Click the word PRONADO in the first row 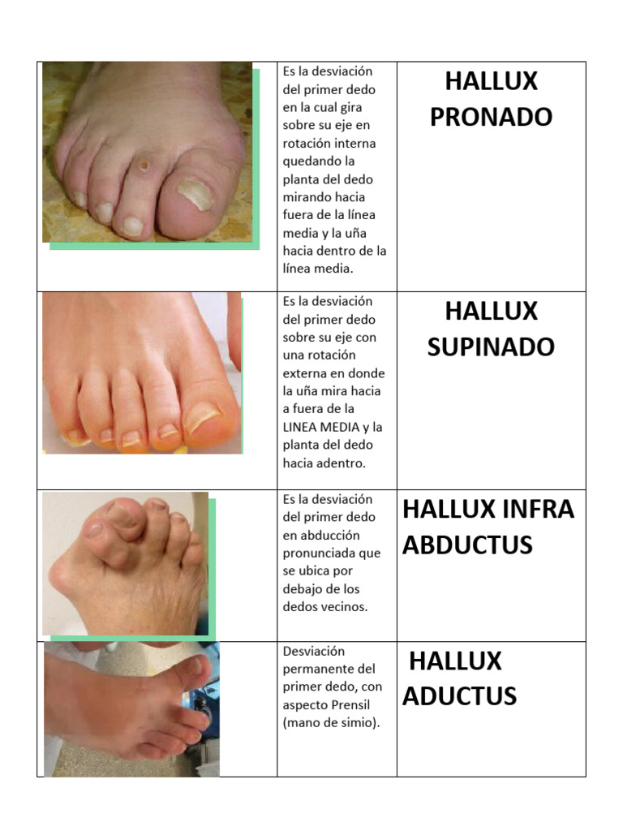[491, 117]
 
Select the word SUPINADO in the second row [491, 347]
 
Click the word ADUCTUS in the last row [459, 696]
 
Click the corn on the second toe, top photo [144, 166]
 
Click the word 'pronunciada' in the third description [320, 553]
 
